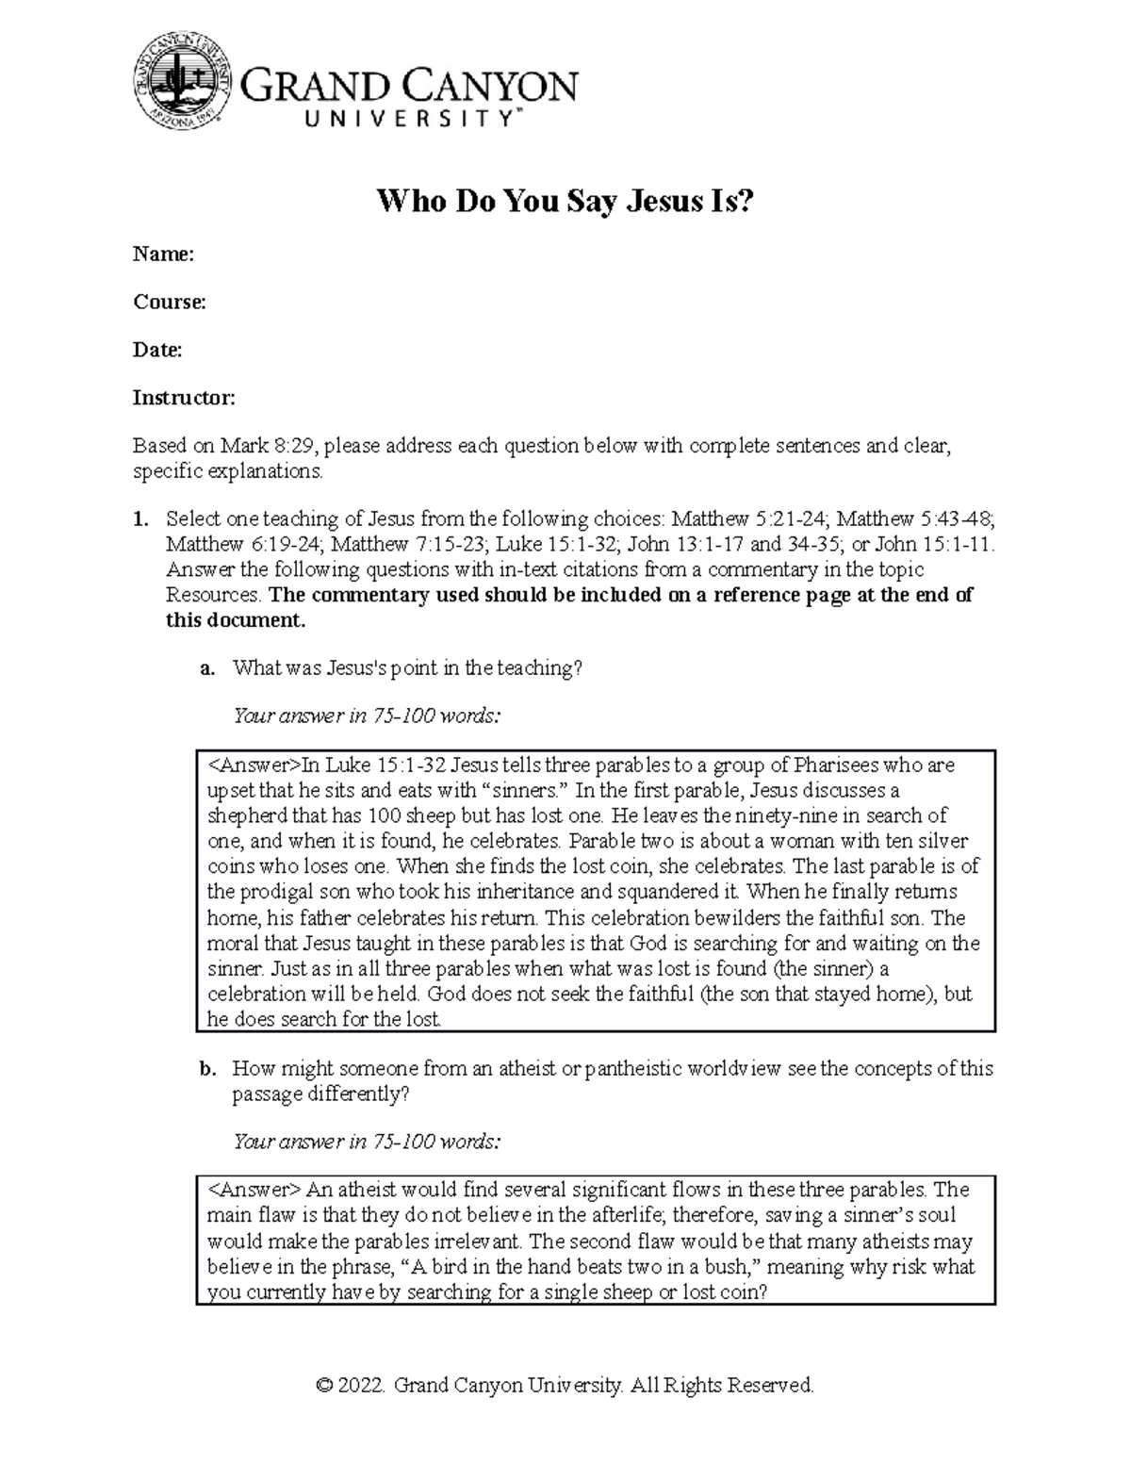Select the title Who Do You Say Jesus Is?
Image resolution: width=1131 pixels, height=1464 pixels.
tap(565, 201)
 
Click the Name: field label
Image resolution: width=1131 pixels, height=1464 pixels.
tap(163, 254)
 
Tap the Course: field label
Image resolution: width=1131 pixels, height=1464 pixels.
tap(169, 302)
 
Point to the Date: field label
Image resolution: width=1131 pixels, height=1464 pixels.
tap(156, 350)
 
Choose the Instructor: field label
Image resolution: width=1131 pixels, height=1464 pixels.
tap(183, 398)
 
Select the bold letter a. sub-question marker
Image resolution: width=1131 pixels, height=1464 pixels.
tap(207, 668)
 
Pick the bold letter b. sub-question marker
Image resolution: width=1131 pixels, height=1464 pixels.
tap(207, 1069)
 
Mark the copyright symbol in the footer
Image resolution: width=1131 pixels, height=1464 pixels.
tap(325, 1385)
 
